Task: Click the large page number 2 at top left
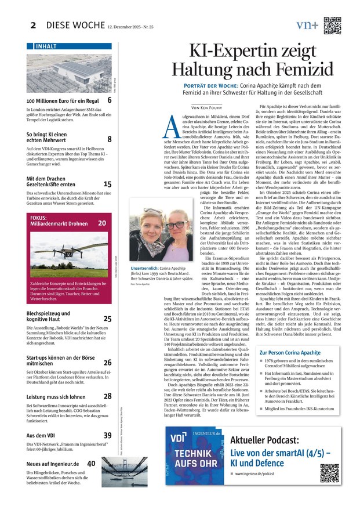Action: [x=33, y=24]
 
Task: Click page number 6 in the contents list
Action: [x=109, y=100]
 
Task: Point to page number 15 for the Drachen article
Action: [x=107, y=184]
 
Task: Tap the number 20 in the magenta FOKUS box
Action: [x=102, y=223]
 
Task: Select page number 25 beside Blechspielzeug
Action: [x=107, y=319]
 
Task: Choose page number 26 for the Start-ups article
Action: [x=107, y=362]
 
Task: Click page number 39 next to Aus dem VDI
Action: [x=107, y=435]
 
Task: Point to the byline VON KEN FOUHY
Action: [x=206, y=107]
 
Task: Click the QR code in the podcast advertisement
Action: [x=329, y=472]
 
